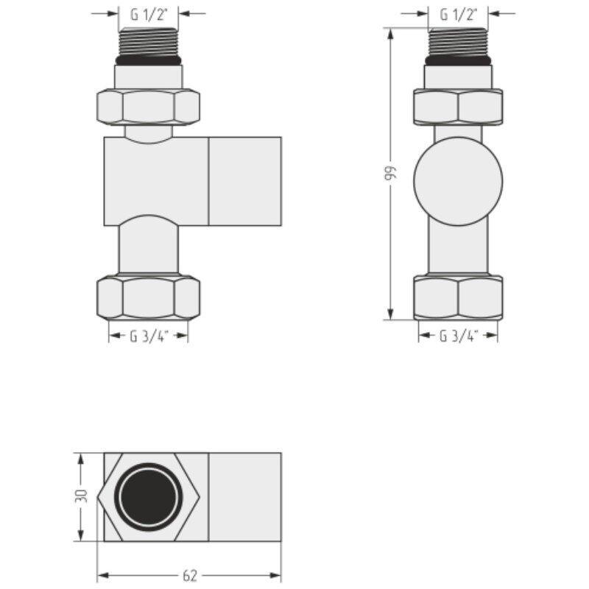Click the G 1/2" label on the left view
(x=149, y=13)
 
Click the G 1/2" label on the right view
(x=458, y=13)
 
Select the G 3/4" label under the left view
(x=149, y=336)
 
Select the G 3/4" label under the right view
(x=458, y=336)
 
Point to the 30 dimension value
(x=82, y=496)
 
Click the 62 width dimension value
(x=189, y=575)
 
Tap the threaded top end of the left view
(x=149, y=41)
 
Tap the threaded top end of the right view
(x=458, y=41)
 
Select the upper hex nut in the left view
(x=149, y=106)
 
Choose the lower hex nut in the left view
(x=149, y=297)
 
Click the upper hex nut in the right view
(x=458, y=106)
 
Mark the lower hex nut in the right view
(x=458, y=297)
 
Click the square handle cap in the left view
(x=245, y=180)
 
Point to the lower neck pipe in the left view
(x=149, y=249)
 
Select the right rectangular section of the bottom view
(x=245, y=496)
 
